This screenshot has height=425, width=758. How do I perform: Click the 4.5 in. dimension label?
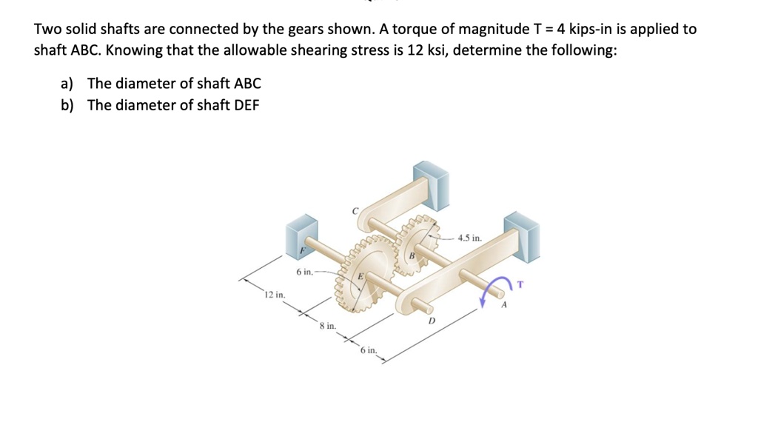coord(469,238)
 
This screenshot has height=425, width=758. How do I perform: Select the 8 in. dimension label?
coord(327,325)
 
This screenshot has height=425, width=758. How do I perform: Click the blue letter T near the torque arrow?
coord(520,283)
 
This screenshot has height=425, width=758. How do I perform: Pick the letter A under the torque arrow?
coord(503,304)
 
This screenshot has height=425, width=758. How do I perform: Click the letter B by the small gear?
coord(412,255)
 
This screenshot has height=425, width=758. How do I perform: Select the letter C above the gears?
coord(355,212)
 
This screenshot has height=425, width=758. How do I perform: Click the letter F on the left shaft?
coord(301,251)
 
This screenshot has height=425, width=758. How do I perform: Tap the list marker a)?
coord(69,84)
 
